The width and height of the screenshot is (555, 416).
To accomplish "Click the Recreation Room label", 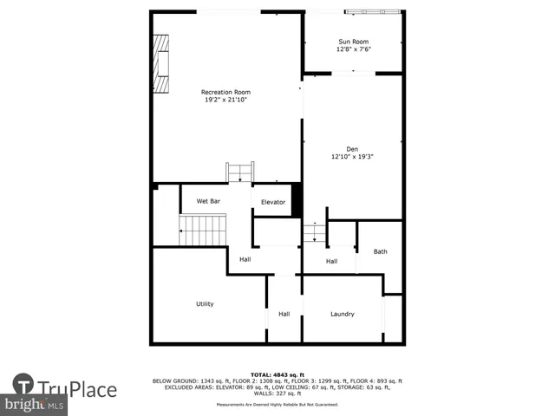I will pyautogui.click(x=225, y=92).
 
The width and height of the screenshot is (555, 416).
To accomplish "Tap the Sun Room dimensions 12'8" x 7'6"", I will pyautogui.click(x=352, y=49).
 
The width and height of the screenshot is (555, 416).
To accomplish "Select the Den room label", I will pyautogui.click(x=352, y=149).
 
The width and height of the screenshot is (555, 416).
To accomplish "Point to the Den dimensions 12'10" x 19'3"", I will pyautogui.click(x=352, y=158).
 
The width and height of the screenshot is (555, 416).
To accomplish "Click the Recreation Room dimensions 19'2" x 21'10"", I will pyautogui.click(x=225, y=101).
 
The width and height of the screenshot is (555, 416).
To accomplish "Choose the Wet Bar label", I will pyautogui.click(x=208, y=201).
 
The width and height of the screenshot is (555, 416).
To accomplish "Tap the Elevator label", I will pyautogui.click(x=273, y=202).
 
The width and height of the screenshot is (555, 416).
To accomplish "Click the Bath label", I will pyautogui.click(x=380, y=252).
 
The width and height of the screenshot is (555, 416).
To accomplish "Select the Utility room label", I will pyautogui.click(x=205, y=304).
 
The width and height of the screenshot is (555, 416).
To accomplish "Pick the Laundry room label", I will pyautogui.click(x=343, y=314).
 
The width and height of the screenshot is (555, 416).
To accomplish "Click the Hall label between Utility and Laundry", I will pyautogui.click(x=284, y=314).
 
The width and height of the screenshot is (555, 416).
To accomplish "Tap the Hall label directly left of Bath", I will pyautogui.click(x=331, y=261).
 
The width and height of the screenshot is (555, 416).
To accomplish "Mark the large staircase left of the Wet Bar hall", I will pyautogui.click(x=203, y=230).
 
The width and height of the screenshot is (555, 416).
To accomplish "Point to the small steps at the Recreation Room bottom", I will pyautogui.click(x=240, y=172).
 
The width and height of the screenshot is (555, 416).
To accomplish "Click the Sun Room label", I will pyautogui.click(x=352, y=41).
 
